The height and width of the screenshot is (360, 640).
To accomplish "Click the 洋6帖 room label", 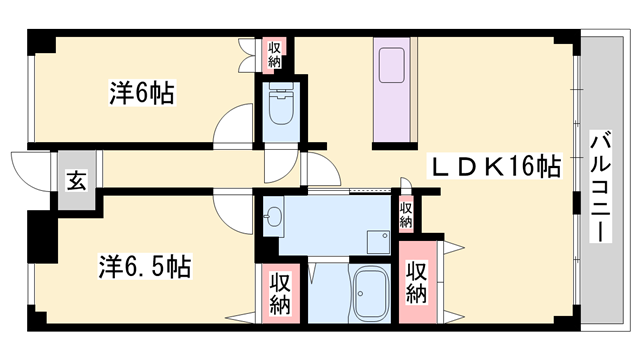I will (141, 94).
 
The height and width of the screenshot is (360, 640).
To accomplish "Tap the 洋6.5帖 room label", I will (145, 267).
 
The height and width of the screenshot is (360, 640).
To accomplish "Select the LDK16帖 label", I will (496, 165).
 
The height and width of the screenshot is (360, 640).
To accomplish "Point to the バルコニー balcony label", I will (605, 185).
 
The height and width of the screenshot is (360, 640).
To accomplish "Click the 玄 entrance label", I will (75, 181).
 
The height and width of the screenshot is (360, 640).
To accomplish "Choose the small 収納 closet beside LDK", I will (406, 213).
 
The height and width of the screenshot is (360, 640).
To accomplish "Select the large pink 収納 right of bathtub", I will (417, 283).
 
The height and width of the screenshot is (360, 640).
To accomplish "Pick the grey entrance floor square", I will (76, 181).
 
